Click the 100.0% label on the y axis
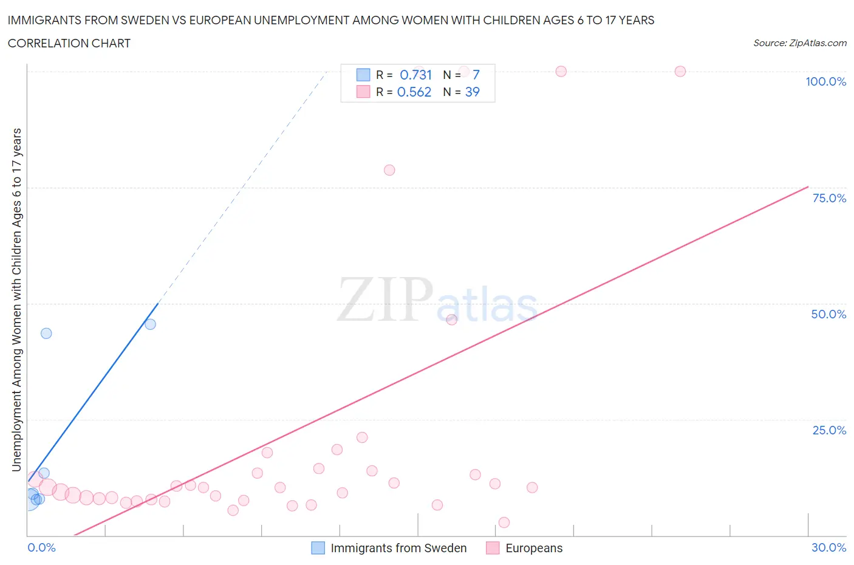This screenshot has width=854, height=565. (825, 81)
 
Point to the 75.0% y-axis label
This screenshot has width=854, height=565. (828, 198)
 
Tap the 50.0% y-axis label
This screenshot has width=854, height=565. (828, 314)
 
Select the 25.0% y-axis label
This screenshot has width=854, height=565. (828, 430)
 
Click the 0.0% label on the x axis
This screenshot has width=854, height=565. (41, 547)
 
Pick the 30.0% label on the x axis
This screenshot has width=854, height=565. (828, 547)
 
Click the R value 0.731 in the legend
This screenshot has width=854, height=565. (415, 75)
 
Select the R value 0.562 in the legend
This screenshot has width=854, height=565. (414, 92)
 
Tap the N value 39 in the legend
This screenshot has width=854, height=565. (472, 92)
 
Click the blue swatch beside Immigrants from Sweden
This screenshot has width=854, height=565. (318, 548)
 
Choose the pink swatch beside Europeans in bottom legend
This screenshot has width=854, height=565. (493, 548)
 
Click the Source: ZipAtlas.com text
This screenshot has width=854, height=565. (799, 43)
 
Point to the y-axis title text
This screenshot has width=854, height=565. (16, 300)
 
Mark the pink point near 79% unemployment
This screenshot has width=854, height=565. (389, 170)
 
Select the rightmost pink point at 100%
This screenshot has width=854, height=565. (680, 71)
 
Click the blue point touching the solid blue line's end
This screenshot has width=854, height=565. (150, 324)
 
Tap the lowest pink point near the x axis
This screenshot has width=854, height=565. (504, 522)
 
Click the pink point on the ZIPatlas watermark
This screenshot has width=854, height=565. (451, 320)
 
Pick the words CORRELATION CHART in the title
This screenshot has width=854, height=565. (69, 43)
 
